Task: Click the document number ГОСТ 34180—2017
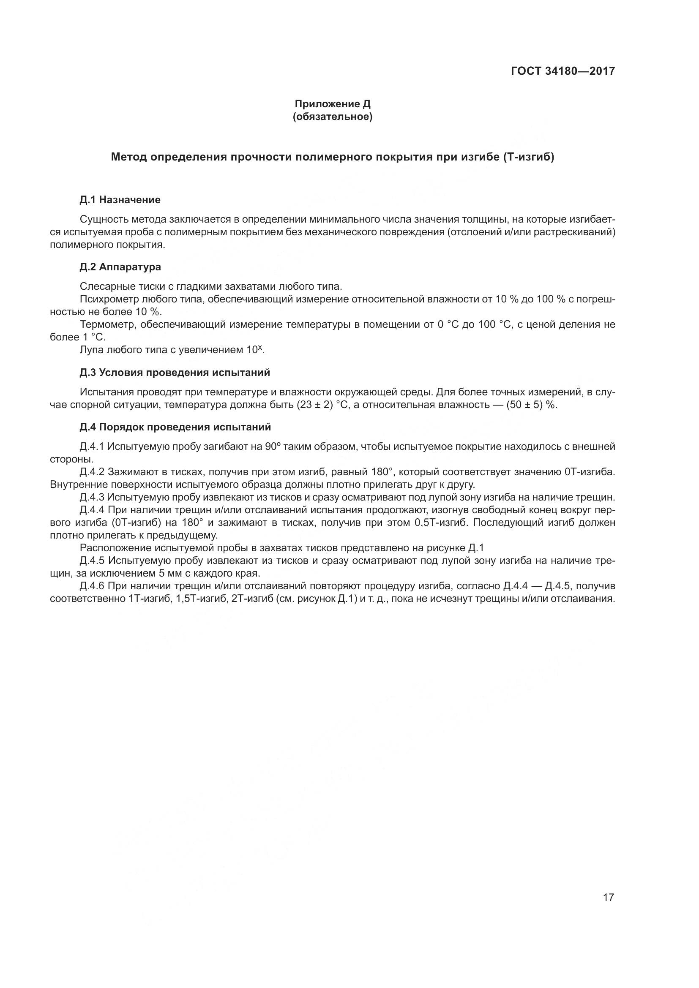click(562, 71)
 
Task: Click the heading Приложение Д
click(332, 104)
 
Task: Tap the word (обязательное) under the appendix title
click(332, 117)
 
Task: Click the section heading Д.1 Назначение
click(120, 200)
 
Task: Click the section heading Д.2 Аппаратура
click(120, 267)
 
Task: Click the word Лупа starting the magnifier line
click(91, 350)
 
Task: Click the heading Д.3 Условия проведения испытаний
click(175, 373)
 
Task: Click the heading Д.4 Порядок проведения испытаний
click(175, 427)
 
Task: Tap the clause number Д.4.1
click(92, 446)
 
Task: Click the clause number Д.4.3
click(92, 498)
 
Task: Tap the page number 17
click(608, 897)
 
